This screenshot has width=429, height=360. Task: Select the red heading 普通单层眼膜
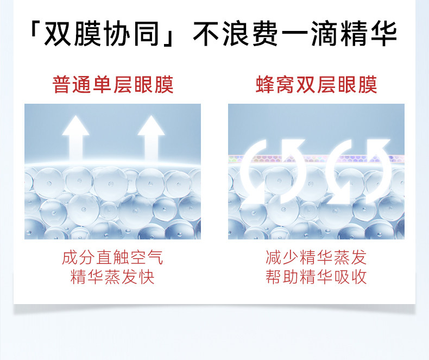coord(113,85)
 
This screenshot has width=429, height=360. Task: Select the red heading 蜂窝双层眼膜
coord(316,85)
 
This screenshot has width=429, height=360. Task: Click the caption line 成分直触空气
coord(112,257)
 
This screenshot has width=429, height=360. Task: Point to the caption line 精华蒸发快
coord(112,277)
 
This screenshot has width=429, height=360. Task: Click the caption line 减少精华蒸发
coord(316,257)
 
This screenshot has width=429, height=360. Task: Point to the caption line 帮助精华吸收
coord(316,277)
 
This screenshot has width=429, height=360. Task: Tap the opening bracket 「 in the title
coord(37,34)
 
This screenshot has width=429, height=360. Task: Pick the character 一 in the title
coord(298,34)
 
